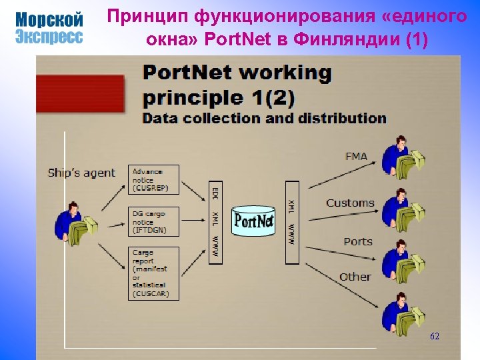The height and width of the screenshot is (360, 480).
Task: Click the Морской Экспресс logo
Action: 49,28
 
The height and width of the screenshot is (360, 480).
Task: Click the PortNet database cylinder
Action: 254,221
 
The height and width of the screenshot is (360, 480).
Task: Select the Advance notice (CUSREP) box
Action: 153,180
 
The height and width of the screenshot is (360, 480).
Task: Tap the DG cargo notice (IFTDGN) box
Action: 153,221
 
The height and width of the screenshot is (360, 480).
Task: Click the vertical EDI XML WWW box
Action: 215,221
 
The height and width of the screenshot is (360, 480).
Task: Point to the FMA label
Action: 356,157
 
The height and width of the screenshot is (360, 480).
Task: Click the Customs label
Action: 350,203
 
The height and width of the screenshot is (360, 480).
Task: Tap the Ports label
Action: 357,241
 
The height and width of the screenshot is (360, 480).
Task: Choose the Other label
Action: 355,277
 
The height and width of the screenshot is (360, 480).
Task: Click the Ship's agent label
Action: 81,173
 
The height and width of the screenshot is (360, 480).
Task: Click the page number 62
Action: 435,337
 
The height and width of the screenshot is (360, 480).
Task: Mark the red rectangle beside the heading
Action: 80,93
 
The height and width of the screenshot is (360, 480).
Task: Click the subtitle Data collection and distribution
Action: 265,119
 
